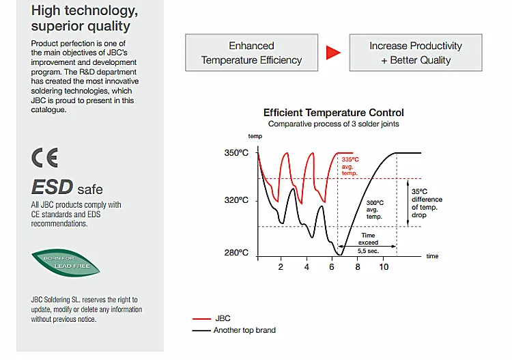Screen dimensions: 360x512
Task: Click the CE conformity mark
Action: [x=45, y=158]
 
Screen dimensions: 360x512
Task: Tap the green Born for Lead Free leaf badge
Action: [x=66, y=262]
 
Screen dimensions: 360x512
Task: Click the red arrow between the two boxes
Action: [x=332, y=53]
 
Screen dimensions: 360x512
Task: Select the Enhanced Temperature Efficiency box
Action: [x=251, y=53]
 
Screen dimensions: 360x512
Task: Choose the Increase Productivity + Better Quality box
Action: [x=415, y=53]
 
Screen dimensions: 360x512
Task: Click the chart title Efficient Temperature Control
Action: [x=333, y=113]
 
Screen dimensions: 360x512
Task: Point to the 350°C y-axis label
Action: [x=236, y=153]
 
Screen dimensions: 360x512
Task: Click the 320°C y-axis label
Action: [x=236, y=201]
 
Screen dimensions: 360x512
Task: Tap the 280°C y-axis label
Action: [x=236, y=253]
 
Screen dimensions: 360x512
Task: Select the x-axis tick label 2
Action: [x=281, y=267]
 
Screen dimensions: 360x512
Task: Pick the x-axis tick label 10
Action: [x=384, y=267]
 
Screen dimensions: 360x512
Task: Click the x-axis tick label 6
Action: [x=332, y=267]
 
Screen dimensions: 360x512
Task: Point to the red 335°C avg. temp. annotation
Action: [x=350, y=166]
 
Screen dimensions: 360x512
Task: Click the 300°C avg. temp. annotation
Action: [x=375, y=210]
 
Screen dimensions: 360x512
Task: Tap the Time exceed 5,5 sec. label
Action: [x=368, y=243]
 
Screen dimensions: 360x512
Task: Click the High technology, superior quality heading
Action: [x=81, y=18]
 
